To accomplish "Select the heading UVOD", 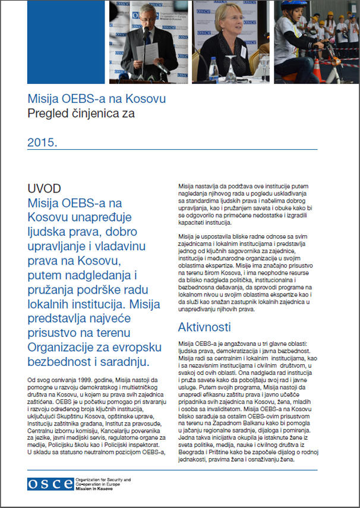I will click(x=44, y=188).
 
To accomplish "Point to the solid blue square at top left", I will click(x=66, y=42).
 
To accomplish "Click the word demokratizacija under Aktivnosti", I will click(x=235, y=351).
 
